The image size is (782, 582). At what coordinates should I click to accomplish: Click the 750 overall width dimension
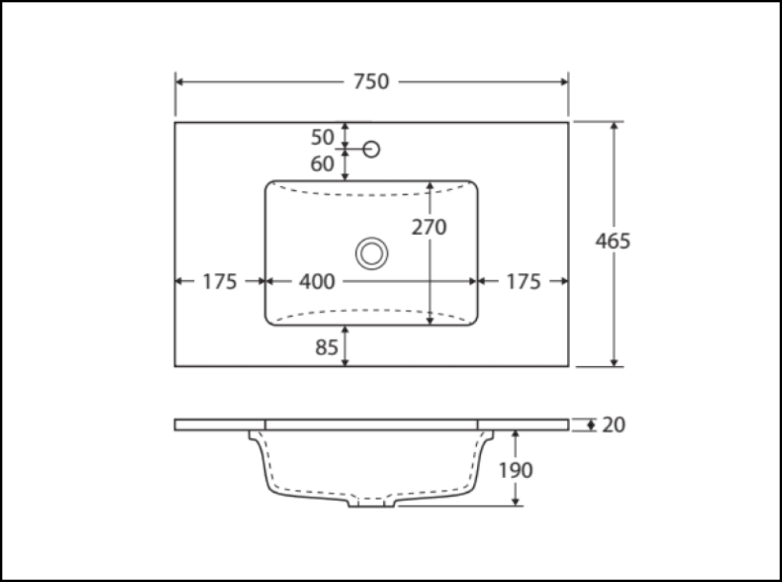point(371,81)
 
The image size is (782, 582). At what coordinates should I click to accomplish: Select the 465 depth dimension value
point(612,241)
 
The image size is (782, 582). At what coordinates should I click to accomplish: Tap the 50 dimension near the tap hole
point(323,138)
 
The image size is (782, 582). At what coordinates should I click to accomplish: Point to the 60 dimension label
point(323,164)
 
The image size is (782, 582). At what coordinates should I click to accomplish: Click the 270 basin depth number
point(429,227)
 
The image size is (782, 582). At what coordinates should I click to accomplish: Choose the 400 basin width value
point(317,282)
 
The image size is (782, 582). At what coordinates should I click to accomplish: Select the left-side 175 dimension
point(220,282)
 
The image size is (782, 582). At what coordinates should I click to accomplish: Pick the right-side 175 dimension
point(523,282)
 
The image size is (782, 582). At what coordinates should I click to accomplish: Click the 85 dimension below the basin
point(327,347)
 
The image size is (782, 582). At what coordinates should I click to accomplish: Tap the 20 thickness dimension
point(614,425)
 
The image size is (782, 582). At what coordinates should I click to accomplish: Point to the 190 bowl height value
point(515,470)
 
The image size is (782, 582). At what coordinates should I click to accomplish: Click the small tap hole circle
point(372,148)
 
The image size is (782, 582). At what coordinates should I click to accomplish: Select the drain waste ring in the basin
point(371,253)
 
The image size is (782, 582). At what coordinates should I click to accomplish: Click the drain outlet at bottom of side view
point(371,502)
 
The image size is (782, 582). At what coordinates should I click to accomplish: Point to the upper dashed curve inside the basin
point(371,193)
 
